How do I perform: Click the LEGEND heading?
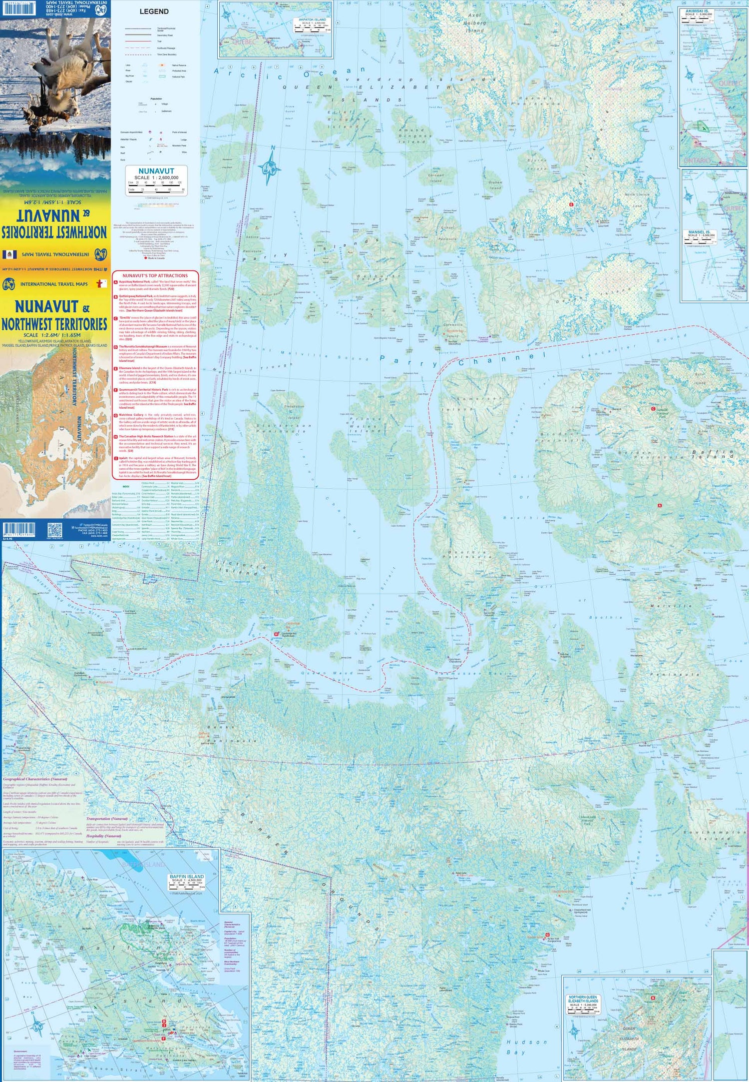click(154, 11)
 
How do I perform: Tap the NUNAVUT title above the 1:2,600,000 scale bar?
click(156, 171)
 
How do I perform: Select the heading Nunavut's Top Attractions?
click(155, 275)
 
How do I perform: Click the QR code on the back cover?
click(54, 530)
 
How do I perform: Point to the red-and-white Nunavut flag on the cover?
click(101, 284)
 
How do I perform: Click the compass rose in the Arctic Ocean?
click(270, 165)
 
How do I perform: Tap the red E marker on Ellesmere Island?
click(571, 205)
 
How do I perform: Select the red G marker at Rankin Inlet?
click(547, 935)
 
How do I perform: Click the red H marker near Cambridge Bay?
click(276, 634)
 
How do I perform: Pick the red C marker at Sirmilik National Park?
click(653, 409)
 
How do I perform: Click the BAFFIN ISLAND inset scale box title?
click(187, 876)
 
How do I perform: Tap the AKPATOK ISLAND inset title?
click(312, 20)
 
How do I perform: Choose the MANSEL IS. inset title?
click(699, 232)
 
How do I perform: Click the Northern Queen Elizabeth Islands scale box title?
click(583, 999)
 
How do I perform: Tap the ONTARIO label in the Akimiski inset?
click(697, 160)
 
